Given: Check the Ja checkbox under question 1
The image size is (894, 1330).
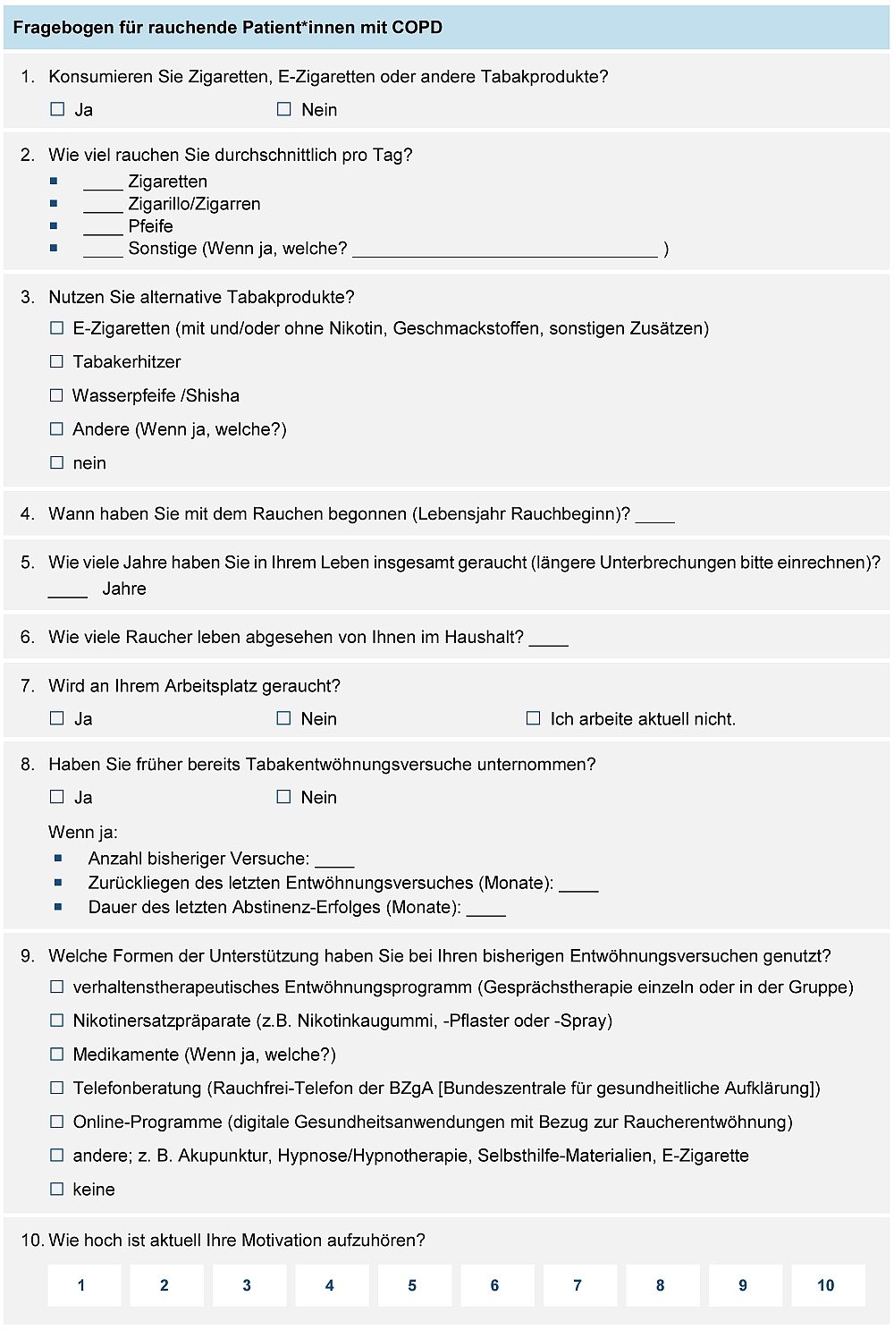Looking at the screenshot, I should (58, 109).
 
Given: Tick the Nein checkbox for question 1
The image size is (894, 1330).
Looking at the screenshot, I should (284, 109).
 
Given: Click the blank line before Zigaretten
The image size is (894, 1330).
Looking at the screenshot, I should (103, 184).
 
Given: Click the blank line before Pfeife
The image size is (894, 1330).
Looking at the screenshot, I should (103, 229).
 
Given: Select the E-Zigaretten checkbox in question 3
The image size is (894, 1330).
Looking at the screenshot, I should (57, 328).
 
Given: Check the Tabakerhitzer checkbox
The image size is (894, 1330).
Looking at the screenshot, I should (57, 361).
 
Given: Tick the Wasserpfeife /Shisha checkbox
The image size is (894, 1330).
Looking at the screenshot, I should (57, 395).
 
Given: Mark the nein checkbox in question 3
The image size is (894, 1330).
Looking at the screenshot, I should (57, 462).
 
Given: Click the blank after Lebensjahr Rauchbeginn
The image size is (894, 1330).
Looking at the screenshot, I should (654, 516).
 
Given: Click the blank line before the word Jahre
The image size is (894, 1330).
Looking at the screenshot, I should (68, 591).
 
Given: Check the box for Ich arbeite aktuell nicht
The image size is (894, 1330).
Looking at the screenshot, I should (534, 718).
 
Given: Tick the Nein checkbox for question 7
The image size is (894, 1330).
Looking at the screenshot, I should (284, 718).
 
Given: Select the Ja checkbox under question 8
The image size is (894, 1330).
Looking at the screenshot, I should (58, 797).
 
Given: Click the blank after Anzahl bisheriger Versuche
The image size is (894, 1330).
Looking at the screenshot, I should (334, 861).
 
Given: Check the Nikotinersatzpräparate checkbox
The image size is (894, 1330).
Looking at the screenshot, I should (57, 1021).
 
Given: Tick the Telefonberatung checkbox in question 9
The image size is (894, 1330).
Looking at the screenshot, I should (57, 1088).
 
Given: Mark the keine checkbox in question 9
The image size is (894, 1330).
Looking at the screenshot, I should (57, 1189).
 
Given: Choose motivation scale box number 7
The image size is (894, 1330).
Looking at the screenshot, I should (578, 1285).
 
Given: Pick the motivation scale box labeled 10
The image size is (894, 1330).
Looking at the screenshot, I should (826, 1285).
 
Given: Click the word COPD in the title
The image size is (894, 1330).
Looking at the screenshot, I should (417, 27).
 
